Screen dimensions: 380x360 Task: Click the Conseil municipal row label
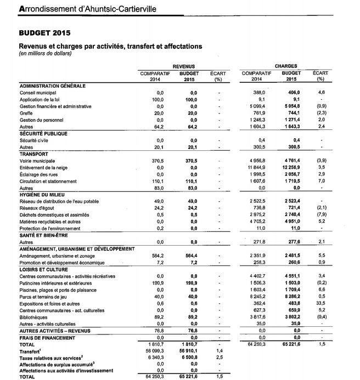[37, 93]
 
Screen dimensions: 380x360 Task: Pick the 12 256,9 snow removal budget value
[289, 167]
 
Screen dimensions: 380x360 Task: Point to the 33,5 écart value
[322, 302]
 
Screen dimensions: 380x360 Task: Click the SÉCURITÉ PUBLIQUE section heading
[43, 133]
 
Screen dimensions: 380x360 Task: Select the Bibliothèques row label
[34, 316]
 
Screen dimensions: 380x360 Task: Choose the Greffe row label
[27, 114]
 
